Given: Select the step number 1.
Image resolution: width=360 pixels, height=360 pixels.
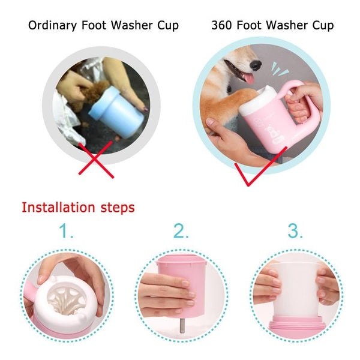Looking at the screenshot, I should tap(66, 231).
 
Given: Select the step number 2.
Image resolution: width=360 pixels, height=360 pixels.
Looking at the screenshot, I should tap(181, 231).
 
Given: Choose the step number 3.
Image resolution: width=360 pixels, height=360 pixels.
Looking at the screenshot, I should tap(295, 231).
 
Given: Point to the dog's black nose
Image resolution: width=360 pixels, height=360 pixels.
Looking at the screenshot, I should tap(256, 65).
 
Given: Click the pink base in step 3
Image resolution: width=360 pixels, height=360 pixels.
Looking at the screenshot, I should tap(295, 328).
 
